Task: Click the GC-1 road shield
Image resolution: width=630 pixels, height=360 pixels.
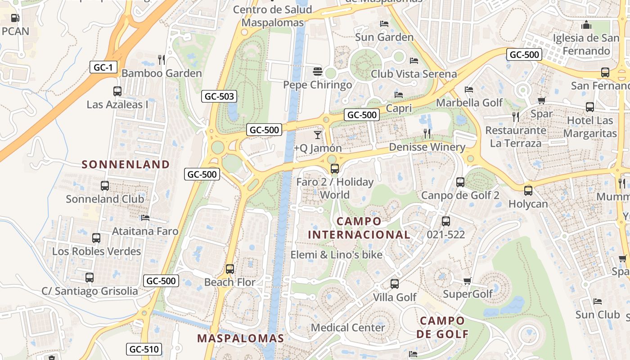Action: [x=103, y=67]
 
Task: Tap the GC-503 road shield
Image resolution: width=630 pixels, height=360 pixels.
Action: [x=219, y=96]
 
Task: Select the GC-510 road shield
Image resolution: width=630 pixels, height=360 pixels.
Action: [x=144, y=349]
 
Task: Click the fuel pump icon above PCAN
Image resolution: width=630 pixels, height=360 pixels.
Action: [x=15, y=18]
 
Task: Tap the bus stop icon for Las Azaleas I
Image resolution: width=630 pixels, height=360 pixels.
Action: [x=117, y=91]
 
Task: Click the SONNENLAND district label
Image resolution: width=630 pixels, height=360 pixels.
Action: [x=126, y=164]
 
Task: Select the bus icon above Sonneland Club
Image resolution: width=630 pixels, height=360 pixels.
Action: [x=105, y=185]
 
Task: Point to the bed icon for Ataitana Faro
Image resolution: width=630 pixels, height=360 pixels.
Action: [x=145, y=218]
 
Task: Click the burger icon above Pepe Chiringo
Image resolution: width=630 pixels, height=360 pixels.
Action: [x=318, y=71]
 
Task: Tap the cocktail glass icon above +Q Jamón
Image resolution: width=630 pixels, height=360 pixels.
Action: [x=318, y=135]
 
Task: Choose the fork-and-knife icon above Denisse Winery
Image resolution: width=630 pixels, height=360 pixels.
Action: [x=427, y=133]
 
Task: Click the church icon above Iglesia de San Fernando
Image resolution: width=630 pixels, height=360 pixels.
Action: [x=586, y=24]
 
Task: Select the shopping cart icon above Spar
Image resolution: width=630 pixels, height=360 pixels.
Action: [x=541, y=101]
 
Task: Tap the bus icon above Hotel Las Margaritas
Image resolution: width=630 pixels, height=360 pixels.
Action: [x=589, y=107]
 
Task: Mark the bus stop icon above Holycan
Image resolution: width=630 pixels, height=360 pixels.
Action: [x=528, y=190]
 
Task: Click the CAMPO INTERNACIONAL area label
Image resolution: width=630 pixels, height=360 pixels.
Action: [x=359, y=228]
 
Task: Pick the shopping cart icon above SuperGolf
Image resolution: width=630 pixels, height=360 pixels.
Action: [x=467, y=281]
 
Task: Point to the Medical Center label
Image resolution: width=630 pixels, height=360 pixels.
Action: [x=348, y=327]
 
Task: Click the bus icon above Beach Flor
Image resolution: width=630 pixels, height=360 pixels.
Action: [x=230, y=269]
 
